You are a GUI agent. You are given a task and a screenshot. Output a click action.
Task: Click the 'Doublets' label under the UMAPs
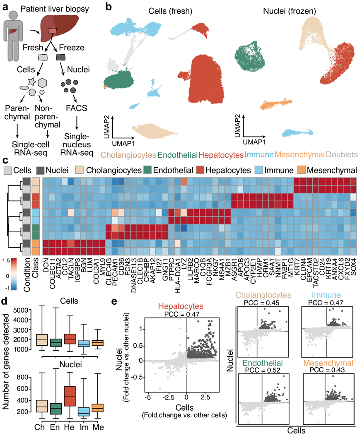point(341,155)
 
